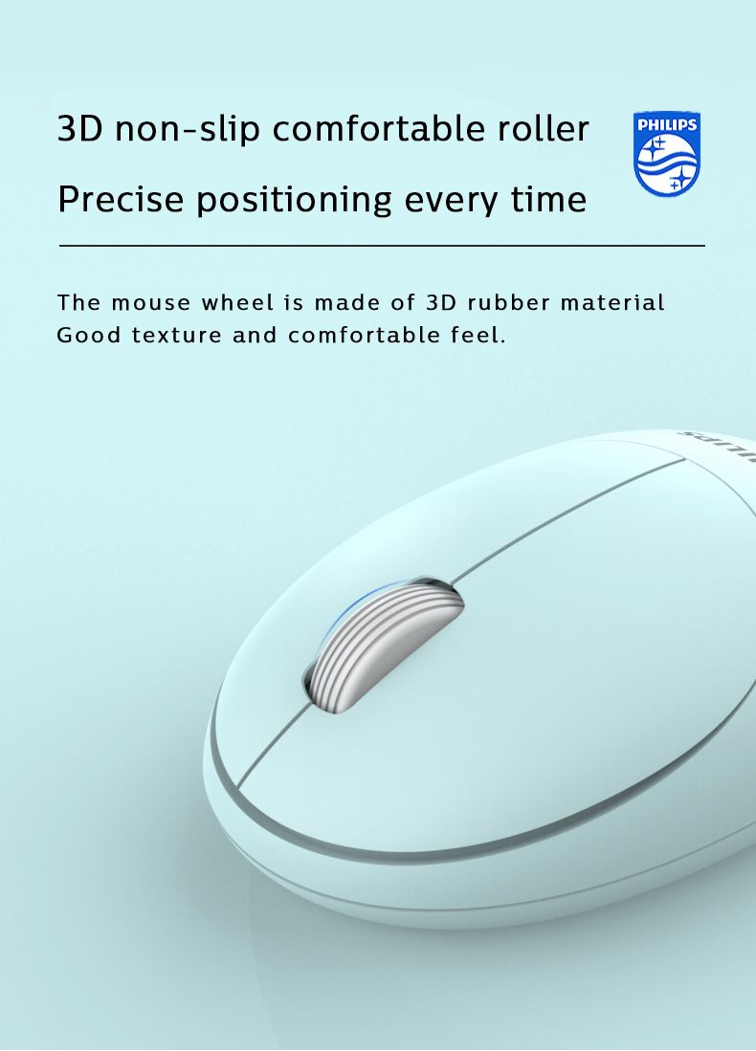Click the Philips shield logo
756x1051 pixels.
coord(667,154)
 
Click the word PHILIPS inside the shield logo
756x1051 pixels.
coord(667,124)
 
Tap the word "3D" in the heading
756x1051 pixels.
coord(79,128)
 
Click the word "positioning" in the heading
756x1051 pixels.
coord(294,201)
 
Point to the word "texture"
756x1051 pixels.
coord(176,335)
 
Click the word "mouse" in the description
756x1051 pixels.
coord(151,303)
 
